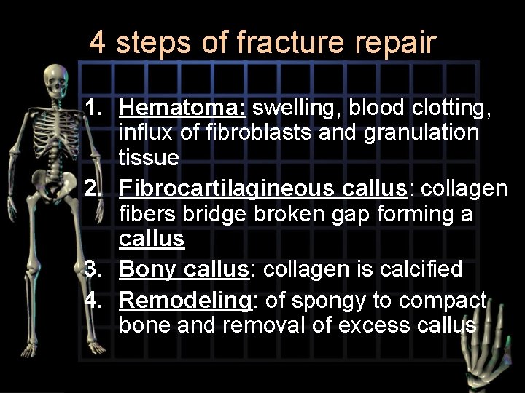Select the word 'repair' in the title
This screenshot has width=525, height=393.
pyautogui.click(x=397, y=44)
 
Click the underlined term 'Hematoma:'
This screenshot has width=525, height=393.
pyautogui.click(x=184, y=108)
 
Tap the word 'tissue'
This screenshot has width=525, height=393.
pyautogui.click(x=149, y=156)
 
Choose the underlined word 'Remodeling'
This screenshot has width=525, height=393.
pyautogui.click(x=182, y=299)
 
